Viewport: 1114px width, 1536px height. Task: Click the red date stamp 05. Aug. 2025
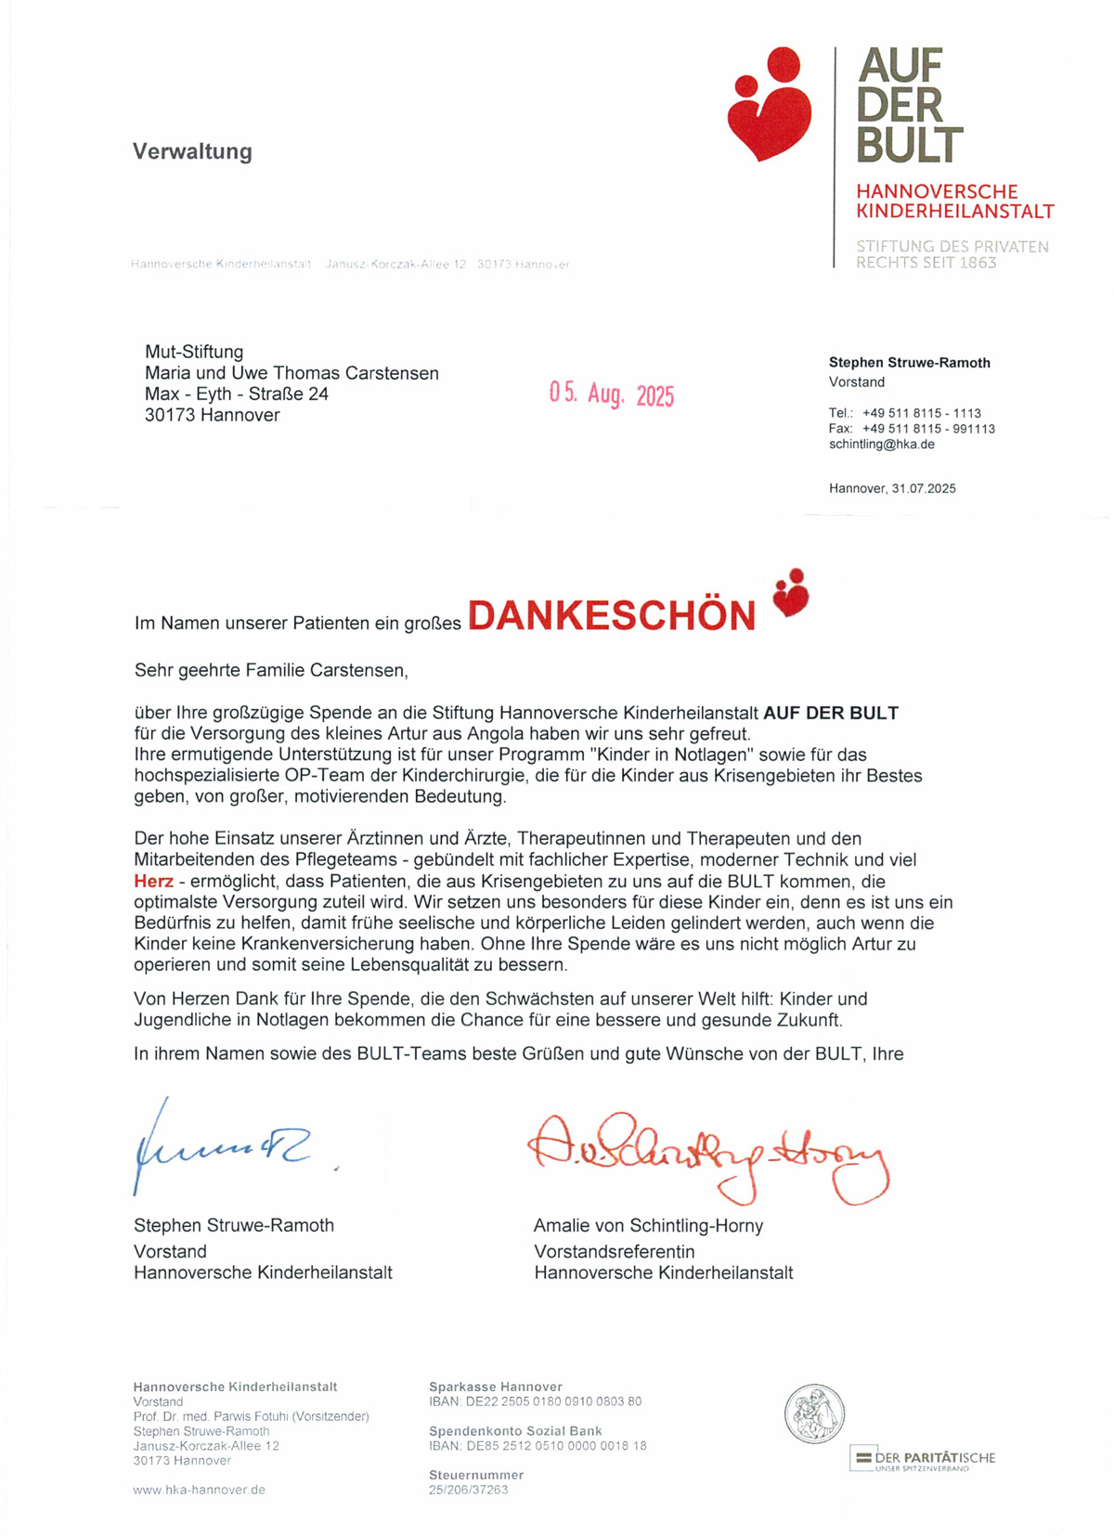pos(611,394)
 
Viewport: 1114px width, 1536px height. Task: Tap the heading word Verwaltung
pos(192,151)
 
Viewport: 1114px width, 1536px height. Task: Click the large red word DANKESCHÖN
pos(612,616)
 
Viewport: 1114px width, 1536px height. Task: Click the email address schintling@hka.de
pos(881,445)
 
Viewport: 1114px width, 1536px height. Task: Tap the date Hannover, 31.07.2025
pos(892,488)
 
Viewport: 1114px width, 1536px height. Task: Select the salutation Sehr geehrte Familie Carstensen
pos(271,669)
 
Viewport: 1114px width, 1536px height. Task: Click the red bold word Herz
pos(153,882)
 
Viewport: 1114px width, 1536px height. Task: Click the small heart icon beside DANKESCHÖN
pos(790,593)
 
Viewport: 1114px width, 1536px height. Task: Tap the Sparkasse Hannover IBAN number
pos(535,1401)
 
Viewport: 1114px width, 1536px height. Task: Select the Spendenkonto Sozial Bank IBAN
pos(538,1446)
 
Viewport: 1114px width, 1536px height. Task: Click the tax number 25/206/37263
pos(468,1490)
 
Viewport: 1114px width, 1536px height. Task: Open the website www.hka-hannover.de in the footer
pos(199,1490)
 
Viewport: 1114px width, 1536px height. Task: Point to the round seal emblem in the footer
pos(814,1413)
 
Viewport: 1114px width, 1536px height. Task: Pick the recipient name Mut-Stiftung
pos(194,352)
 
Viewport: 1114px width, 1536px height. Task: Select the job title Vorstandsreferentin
pos(614,1251)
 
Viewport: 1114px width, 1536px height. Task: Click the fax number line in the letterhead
pos(912,429)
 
